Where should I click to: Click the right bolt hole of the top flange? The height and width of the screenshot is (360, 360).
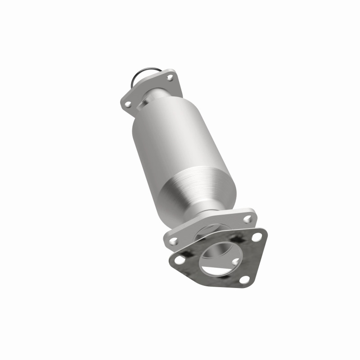coord(170,78)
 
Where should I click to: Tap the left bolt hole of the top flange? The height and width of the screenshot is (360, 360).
coord(128,104)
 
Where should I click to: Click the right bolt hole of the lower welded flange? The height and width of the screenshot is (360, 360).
coord(247,219)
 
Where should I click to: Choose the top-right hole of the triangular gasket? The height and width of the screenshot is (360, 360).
coord(256,237)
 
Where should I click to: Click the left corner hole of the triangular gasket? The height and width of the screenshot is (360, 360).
coord(180,260)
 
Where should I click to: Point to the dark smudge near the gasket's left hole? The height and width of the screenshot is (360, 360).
coord(189,261)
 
